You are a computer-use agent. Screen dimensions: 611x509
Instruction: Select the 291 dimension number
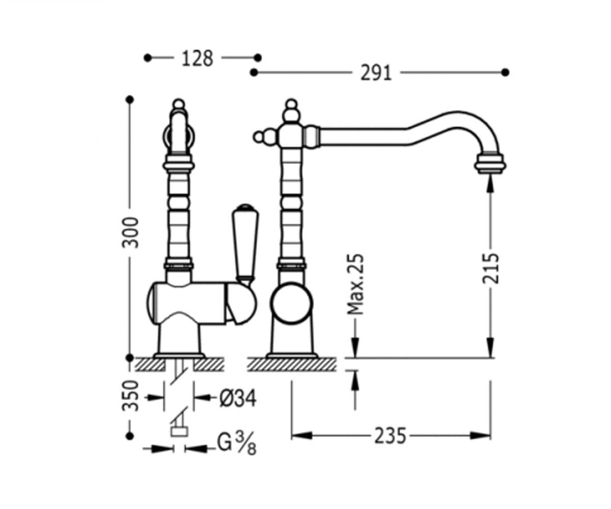376,73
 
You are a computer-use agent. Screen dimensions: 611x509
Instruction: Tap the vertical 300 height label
130,233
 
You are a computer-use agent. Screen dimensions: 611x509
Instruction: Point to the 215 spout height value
490,268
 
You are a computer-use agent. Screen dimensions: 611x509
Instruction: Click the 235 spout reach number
391,436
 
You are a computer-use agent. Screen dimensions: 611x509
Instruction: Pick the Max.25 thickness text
355,285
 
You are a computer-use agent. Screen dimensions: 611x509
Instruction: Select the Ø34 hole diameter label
238,398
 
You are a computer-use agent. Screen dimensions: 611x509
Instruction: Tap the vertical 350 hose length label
130,396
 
